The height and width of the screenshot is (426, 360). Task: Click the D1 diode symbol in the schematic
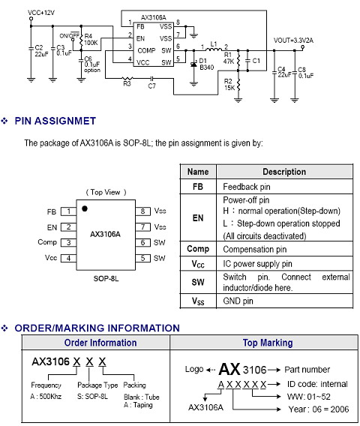(193, 64)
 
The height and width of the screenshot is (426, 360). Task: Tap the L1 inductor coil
(214, 49)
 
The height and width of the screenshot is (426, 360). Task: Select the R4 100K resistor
(81, 40)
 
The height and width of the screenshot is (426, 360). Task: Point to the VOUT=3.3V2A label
(293, 40)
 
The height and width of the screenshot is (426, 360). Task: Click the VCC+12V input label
(41, 13)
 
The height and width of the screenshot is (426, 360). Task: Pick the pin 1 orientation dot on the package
(85, 208)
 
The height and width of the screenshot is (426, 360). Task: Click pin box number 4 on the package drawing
(68, 258)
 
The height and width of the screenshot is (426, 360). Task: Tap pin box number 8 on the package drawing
(143, 211)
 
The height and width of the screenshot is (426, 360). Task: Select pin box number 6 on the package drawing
(143, 242)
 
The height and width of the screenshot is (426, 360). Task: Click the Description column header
(284, 172)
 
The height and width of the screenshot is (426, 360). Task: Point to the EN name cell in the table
(198, 218)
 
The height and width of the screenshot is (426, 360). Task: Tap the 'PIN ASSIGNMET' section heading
(55, 121)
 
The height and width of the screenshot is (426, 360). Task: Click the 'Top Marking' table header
(268, 343)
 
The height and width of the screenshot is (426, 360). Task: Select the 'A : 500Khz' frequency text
(46, 397)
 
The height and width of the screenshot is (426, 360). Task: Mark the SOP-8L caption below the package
(106, 279)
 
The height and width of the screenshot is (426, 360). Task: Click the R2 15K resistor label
(229, 84)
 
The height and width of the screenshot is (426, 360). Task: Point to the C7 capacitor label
(151, 86)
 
